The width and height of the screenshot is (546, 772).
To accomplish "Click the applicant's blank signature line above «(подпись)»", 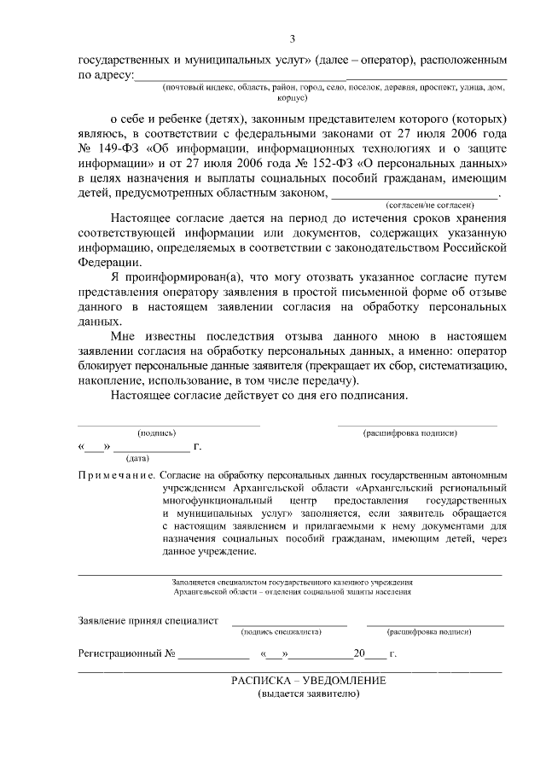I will coord(169,424).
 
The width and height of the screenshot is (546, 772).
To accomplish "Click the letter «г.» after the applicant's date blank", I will coord(198,446).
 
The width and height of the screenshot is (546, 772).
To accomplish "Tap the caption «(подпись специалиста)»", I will coord(281,632).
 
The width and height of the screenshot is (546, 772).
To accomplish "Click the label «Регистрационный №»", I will coord(126,654).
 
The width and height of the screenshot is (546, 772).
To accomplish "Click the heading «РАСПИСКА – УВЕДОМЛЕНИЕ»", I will coord(308,680).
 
